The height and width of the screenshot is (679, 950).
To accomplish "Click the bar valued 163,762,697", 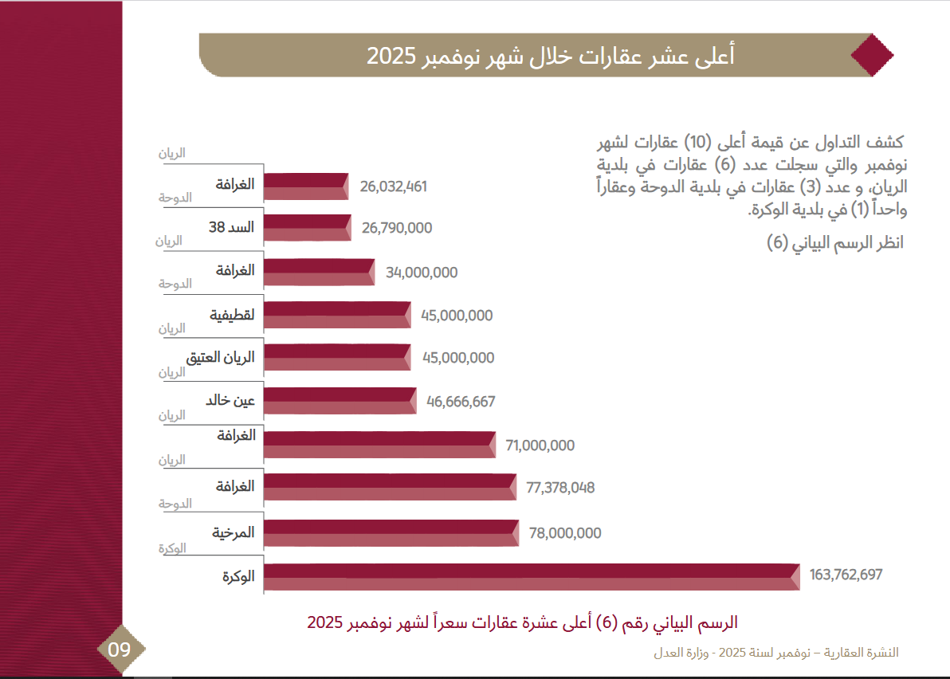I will [x=531, y=577].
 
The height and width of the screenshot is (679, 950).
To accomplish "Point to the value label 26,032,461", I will [x=394, y=186].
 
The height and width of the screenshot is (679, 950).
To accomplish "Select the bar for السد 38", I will [x=307, y=228].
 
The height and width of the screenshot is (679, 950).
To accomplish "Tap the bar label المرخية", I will [x=233, y=532].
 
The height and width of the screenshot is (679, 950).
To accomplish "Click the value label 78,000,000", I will [x=563, y=533].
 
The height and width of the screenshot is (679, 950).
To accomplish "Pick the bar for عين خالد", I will [x=340, y=401].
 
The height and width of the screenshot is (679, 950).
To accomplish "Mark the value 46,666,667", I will [x=461, y=402].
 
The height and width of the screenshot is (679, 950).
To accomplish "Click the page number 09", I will [x=120, y=650].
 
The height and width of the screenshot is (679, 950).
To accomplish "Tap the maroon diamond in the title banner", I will [x=872, y=55].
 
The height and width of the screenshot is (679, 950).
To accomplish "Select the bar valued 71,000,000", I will [x=379, y=445].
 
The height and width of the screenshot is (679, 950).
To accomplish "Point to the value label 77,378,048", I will [x=560, y=488].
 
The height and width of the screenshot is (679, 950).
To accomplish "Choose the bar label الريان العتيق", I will [x=220, y=358].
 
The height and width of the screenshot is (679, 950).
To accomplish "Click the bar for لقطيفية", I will [x=336, y=315].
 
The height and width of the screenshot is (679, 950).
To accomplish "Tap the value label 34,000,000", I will [x=422, y=273].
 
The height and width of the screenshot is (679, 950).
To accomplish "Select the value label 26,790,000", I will [x=397, y=228].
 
